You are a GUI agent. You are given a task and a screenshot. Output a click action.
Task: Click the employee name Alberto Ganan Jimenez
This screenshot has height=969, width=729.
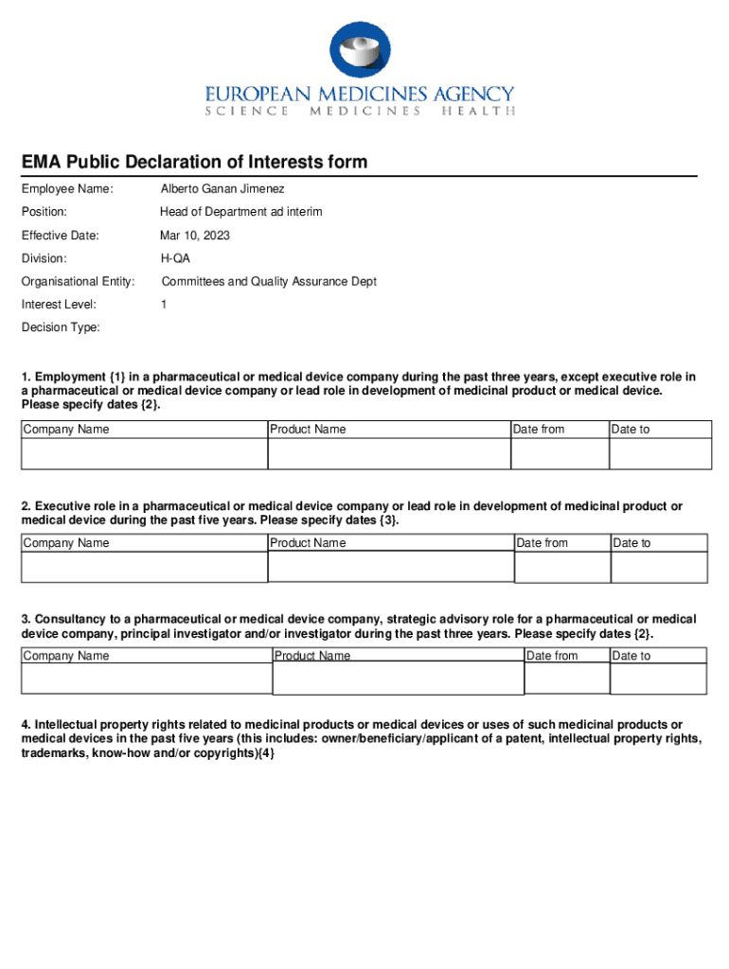tap(222, 189)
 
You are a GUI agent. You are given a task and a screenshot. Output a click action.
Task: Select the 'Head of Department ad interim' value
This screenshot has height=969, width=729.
tap(240, 212)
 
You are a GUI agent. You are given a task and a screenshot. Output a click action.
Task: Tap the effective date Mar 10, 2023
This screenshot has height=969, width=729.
tap(194, 236)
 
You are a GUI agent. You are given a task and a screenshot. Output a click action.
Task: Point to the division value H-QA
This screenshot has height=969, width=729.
tap(174, 258)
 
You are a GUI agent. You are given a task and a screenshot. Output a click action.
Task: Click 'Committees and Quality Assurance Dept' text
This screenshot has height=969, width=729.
tap(269, 281)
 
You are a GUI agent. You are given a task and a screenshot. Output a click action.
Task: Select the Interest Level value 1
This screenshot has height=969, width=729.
tap(163, 305)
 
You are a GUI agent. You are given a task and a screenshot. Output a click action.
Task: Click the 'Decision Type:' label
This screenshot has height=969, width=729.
tap(61, 327)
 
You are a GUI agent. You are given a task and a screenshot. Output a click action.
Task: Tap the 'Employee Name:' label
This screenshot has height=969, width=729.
tap(67, 189)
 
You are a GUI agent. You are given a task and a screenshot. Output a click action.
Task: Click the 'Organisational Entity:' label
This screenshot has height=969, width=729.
tap(79, 281)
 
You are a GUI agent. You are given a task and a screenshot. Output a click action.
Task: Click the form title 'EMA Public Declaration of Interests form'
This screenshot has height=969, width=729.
tap(194, 163)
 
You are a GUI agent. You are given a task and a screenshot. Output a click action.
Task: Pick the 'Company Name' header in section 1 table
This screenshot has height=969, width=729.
tap(66, 430)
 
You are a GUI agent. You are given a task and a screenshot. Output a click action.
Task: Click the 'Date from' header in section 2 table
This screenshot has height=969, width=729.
tap(542, 543)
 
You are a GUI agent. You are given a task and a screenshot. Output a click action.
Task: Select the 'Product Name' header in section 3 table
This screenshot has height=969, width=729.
tap(312, 656)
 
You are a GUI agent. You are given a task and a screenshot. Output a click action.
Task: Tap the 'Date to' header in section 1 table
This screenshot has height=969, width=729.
tap(631, 430)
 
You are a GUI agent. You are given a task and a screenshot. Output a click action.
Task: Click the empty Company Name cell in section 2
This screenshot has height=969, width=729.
tap(144, 567)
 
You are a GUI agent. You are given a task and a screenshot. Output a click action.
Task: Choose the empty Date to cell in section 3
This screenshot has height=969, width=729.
tap(659, 679)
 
